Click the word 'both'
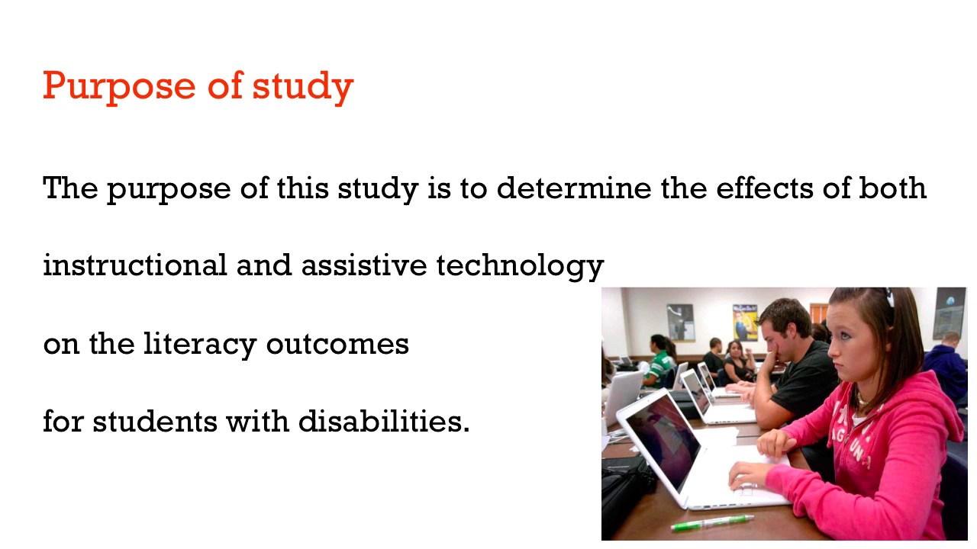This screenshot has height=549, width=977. pos(892,188)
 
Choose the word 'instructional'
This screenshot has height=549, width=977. pos(134,265)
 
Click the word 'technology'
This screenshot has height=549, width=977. pos(520,266)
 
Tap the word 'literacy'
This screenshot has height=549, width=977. pos(202,344)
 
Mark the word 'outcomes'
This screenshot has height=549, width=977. pos(337,344)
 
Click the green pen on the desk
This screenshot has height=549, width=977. pos(711,522)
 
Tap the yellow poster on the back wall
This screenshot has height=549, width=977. pos(744,322)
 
